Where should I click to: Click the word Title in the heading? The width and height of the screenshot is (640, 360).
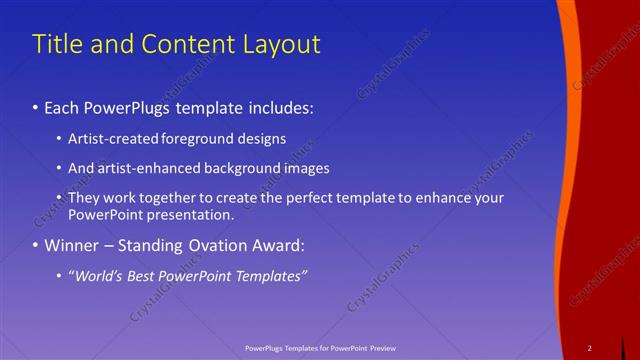pos(55,45)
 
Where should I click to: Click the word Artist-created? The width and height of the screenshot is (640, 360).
pos(110,139)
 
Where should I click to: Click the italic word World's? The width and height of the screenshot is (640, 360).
pos(97,275)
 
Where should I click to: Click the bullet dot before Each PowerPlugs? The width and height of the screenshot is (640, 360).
pos(36,105)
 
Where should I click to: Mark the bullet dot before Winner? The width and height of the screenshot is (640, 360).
pos(36,245)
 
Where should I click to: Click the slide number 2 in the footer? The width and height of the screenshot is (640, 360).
pos(589,348)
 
